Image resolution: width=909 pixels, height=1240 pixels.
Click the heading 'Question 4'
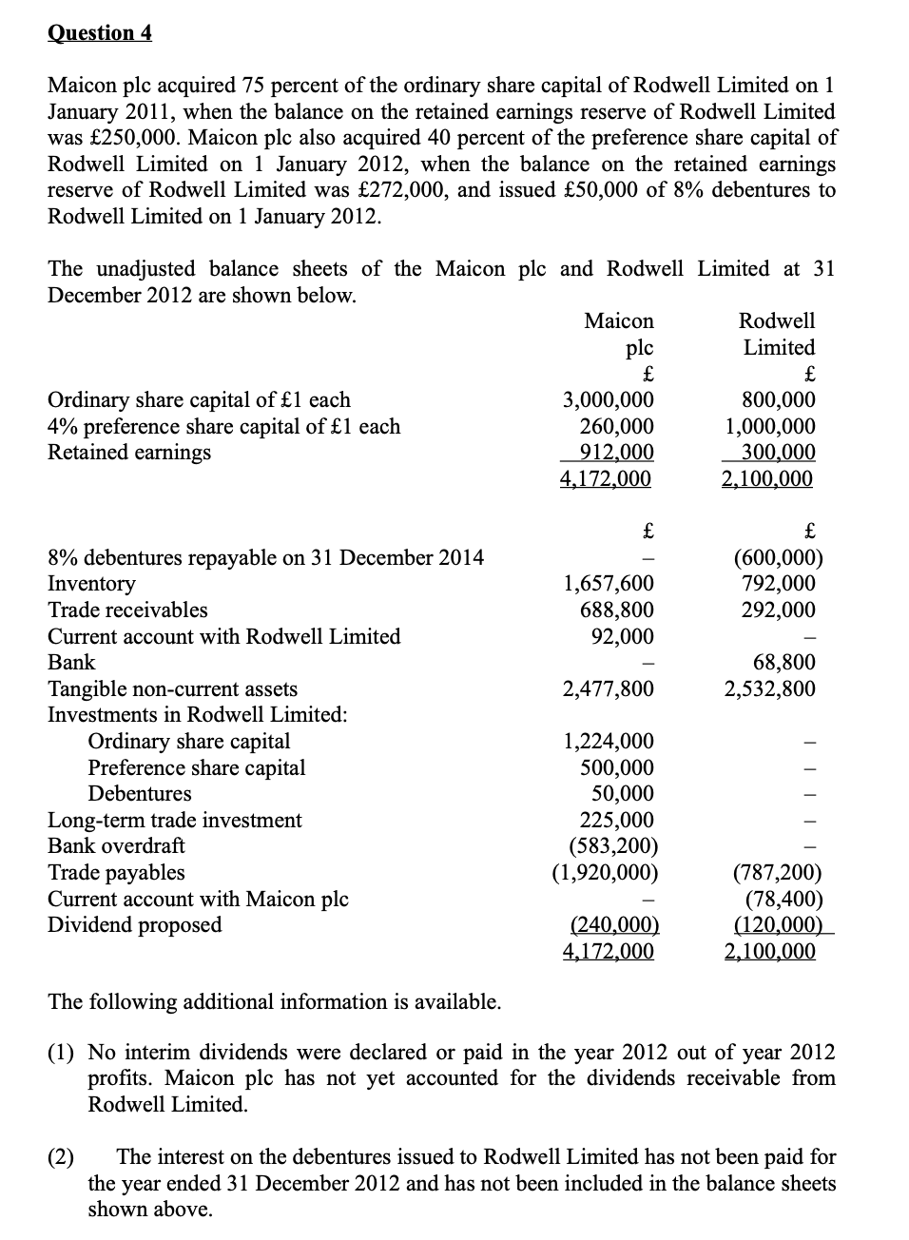click(x=99, y=33)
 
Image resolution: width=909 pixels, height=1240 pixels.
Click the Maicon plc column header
click(x=619, y=334)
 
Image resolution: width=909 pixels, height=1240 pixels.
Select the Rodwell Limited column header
click(x=778, y=334)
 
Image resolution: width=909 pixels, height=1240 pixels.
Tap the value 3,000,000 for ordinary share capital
click(x=607, y=400)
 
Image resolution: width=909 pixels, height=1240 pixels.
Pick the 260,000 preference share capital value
click(x=616, y=427)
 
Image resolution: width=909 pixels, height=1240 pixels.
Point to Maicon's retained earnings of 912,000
click(x=616, y=453)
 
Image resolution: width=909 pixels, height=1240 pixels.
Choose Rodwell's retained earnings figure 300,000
click(x=778, y=453)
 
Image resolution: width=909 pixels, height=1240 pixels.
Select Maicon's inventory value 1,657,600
click(x=608, y=584)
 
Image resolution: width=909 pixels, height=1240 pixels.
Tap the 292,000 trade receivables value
click(x=778, y=610)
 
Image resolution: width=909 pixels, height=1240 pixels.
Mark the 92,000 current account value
click(x=622, y=636)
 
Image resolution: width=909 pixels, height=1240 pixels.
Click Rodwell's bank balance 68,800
click(x=783, y=663)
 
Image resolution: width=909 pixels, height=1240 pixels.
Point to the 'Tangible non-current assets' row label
click(x=172, y=688)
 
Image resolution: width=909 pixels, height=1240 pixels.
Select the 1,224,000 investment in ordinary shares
click(x=608, y=742)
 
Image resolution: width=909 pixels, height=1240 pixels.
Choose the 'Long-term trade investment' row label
click(x=175, y=820)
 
